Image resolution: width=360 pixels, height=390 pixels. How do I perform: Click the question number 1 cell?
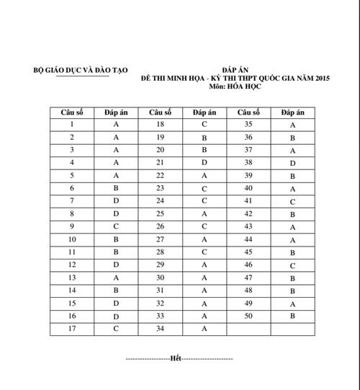tap(72, 124)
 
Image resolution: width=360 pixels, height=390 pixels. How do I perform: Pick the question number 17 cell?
tap(72, 329)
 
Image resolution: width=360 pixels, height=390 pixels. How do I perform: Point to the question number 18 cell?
tap(160, 124)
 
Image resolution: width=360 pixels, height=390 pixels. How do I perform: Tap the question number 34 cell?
tap(160, 329)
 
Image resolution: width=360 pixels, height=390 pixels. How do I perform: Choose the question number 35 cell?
tap(248, 124)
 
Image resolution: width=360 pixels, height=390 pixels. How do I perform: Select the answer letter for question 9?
tap(116, 226)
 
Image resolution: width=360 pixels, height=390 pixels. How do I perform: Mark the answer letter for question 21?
tap(204, 163)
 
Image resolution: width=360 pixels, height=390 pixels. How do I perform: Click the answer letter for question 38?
tap(292, 163)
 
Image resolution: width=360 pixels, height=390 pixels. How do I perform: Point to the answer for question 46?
tap(292, 265)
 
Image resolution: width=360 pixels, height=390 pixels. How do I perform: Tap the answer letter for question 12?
tap(116, 265)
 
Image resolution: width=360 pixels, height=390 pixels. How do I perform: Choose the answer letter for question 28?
tap(204, 252)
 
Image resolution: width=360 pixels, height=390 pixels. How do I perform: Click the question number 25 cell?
tap(160, 214)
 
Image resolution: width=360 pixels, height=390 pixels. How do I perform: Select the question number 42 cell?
tap(248, 214)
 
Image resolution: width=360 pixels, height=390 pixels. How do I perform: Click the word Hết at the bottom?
tap(175, 358)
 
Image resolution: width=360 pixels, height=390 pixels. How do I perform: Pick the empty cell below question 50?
tap(248, 329)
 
